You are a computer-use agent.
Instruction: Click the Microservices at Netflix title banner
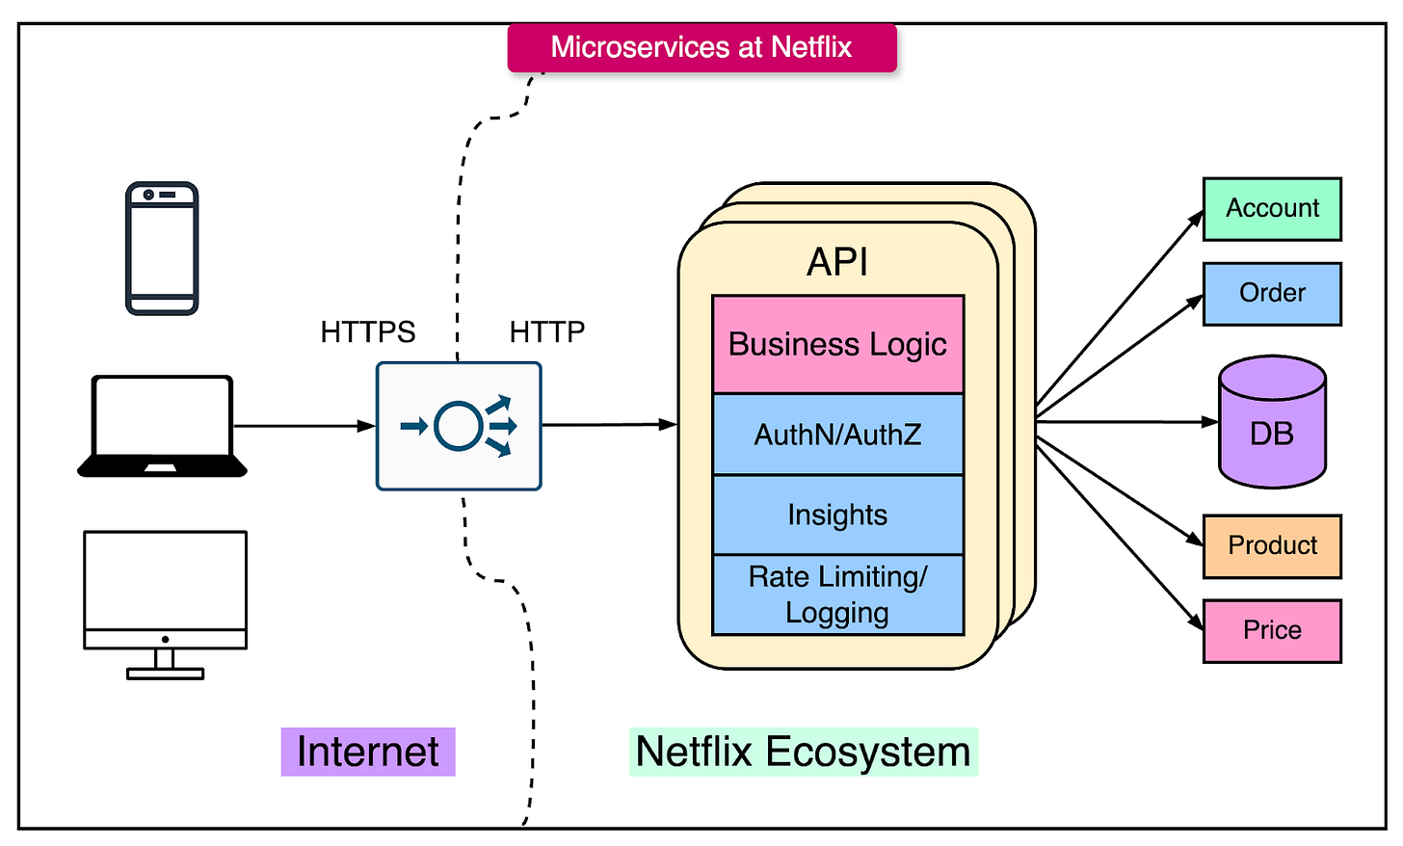(702, 47)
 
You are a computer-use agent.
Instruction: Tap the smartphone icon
(162, 248)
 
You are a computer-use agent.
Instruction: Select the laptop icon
(162, 427)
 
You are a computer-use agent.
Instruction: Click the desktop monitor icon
(166, 605)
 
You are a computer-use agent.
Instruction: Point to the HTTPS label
(368, 331)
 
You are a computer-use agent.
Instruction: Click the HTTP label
(546, 331)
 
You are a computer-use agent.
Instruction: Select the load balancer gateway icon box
(459, 426)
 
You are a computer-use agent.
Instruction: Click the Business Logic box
(838, 344)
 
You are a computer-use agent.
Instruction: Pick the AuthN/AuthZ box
(838, 435)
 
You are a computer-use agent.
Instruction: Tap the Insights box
(838, 515)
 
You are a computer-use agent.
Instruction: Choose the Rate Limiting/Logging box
(838, 595)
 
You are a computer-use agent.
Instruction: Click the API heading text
(837, 262)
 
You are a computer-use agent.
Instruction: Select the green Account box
(1272, 209)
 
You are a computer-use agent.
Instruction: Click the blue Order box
(1272, 294)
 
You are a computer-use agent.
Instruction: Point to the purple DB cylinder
(1272, 422)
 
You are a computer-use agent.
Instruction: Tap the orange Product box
(1272, 546)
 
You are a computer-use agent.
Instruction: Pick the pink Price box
(1272, 631)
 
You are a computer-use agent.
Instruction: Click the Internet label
(368, 752)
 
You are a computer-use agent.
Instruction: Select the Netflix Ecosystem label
(804, 752)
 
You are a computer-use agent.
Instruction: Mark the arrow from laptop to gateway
(304, 427)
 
